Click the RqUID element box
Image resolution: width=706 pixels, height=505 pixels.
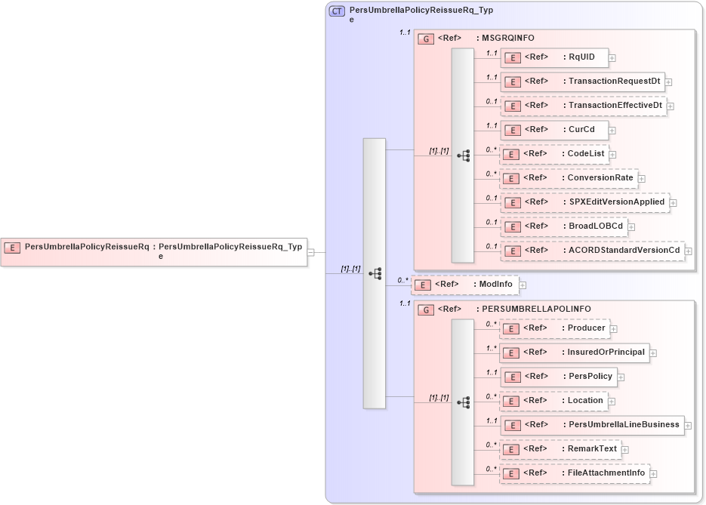click(554, 57)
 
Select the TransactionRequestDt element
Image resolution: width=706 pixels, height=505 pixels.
click(582, 82)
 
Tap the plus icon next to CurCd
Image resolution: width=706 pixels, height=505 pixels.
click(612, 130)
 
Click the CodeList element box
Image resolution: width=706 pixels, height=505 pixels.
click(554, 154)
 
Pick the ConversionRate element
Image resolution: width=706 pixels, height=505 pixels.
click(569, 178)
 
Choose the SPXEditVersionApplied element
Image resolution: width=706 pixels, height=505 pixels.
click(584, 202)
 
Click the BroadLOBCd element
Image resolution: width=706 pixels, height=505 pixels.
click(564, 226)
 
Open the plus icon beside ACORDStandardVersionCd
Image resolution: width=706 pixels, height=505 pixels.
click(688, 251)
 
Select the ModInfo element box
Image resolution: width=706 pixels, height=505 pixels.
click(465, 285)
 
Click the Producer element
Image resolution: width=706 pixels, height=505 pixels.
click(555, 328)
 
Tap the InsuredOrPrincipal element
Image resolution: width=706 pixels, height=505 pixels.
click(575, 353)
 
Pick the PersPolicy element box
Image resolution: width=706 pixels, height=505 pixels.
click(558, 377)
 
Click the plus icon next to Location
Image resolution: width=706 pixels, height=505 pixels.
click(612, 401)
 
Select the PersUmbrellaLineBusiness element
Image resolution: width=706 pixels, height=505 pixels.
click(592, 425)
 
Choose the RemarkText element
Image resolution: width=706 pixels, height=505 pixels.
click(560, 449)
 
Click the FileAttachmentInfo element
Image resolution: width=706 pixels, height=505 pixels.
click(575, 473)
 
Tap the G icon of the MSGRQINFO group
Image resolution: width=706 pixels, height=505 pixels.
click(426, 38)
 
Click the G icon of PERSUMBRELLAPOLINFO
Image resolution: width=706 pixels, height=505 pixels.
click(426, 309)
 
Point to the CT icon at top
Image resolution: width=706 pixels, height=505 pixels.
click(337, 11)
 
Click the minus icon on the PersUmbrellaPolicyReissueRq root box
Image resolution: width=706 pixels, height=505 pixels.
click(310, 252)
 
